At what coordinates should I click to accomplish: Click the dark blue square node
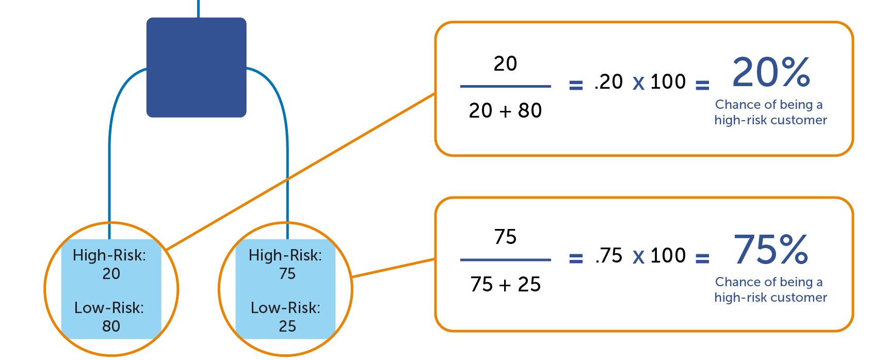coord(196,68)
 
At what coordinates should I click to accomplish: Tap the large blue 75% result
coord(771,249)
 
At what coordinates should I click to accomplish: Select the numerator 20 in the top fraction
coord(505,64)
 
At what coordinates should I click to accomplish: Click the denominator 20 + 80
coord(505,110)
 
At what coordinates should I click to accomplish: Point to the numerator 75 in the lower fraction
coord(505,237)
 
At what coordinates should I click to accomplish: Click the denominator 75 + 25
coord(505,284)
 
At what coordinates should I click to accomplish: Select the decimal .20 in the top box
coord(609,82)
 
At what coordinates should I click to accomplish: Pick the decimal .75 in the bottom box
coord(609,256)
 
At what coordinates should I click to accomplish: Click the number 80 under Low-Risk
coord(111,326)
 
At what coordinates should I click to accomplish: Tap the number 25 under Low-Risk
coord(287,326)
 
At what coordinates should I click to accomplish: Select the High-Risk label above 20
coord(109,255)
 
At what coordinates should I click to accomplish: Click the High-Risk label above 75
coord(285,255)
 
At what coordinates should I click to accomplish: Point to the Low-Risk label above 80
coord(109,307)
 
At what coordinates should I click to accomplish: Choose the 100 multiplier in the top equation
coord(668,82)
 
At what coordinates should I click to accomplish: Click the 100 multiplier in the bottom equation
coord(668,256)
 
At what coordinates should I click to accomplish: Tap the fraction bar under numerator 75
coord(505,260)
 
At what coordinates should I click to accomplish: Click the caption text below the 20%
coord(770,112)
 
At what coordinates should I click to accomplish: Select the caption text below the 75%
coord(770,290)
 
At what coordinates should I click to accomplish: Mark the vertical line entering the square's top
coord(198,8)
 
